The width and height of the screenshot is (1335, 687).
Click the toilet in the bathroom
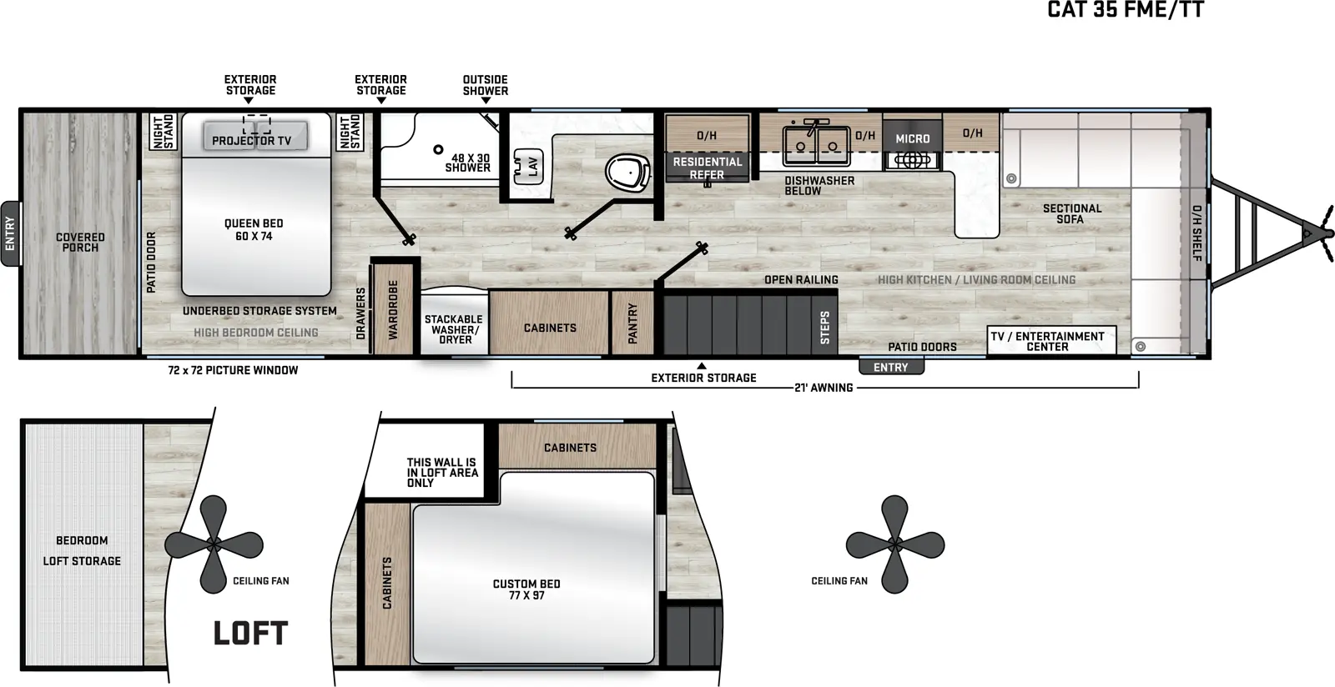tap(628, 172)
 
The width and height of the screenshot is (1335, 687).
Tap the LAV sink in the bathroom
tap(528, 166)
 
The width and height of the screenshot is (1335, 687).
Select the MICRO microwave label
tap(913, 138)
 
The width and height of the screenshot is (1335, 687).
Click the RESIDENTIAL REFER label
tap(708, 168)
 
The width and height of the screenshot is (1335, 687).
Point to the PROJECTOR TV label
tap(251, 141)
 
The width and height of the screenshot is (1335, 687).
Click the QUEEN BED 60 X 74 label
tap(254, 229)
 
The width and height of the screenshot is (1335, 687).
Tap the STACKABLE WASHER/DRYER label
tap(454, 329)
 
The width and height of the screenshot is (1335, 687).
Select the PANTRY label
tap(632, 323)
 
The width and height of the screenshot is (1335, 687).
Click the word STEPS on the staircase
tap(825, 328)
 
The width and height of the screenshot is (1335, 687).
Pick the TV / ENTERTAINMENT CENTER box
tap(1051, 340)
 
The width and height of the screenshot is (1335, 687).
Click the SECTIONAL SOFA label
tap(1071, 213)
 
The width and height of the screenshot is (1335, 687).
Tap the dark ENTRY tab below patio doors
tap(891, 367)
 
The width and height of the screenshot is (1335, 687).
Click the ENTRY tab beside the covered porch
tap(11, 233)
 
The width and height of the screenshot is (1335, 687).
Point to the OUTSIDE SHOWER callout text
tap(485, 85)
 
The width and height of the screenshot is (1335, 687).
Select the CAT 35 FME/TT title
tap(1126, 9)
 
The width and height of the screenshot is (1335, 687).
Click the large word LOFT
tap(250, 633)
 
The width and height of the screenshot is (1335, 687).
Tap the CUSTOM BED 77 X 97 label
tap(526, 589)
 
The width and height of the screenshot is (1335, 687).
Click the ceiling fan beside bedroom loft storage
tap(214, 544)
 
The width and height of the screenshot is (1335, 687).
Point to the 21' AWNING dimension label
tap(824, 388)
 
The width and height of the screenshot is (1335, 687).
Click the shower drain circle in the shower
tap(438, 149)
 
